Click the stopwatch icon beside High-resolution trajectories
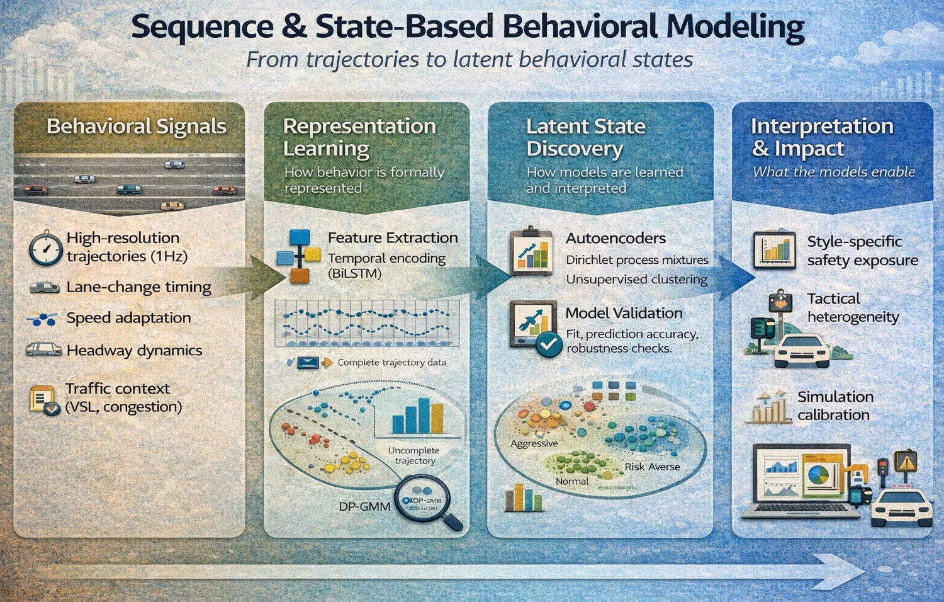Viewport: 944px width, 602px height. pos(45,248)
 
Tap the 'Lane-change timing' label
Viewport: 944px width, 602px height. pos(138,287)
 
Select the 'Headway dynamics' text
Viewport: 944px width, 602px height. pos(134,351)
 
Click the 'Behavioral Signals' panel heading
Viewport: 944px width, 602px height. pos(136,127)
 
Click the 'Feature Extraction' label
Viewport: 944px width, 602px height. pos(392,238)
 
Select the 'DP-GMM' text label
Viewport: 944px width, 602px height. pos(364,506)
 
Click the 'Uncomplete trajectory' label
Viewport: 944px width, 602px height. pos(413,455)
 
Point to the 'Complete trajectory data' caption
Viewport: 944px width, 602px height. pos(391,363)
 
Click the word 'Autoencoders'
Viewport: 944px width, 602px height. pos(615,239)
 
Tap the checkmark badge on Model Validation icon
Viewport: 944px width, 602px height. pos(548,344)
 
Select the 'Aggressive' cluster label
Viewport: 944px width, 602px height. pos(534,443)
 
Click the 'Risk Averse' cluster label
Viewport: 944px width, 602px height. pos(652,467)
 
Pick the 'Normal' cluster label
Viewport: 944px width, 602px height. pos(572,481)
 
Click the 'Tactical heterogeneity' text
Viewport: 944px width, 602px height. pos(853,308)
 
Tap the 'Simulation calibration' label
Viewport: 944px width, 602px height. pos(835,406)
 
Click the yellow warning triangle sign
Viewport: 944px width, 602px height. pos(906,462)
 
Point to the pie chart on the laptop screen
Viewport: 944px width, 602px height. pos(818,475)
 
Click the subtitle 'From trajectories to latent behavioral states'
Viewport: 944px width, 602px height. pos(469,60)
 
